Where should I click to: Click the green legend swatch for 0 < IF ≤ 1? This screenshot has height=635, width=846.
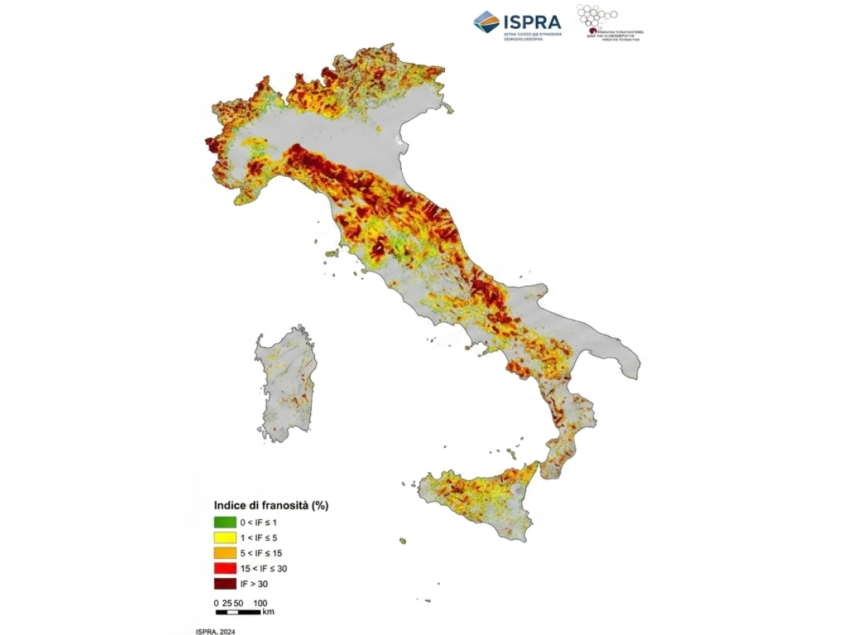(x=226, y=523)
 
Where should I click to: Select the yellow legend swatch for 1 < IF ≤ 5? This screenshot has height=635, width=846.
(x=226, y=538)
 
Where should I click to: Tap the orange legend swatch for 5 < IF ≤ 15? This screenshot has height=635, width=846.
(x=226, y=553)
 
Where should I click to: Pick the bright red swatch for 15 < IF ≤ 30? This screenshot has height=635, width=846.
(x=226, y=568)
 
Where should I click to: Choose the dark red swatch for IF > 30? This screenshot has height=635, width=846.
(x=226, y=583)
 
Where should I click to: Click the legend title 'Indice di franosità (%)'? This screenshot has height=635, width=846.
(x=271, y=506)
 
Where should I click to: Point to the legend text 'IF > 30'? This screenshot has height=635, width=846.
(x=254, y=584)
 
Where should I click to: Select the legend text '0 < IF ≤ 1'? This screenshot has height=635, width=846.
(x=259, y=523)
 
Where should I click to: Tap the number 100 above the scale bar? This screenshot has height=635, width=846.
(x=260, y=603)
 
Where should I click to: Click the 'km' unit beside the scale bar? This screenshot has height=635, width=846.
(x=268, y=612)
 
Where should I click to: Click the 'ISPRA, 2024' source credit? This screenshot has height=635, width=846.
(x=215, y=631)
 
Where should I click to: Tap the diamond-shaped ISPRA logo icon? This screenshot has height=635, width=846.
(x=486, y=22)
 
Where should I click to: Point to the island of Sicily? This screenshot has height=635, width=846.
(x=479, y=497)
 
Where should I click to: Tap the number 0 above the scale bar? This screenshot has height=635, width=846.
(x=216, y=603)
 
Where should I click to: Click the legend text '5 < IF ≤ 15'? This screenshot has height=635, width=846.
(x=261, y=553)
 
